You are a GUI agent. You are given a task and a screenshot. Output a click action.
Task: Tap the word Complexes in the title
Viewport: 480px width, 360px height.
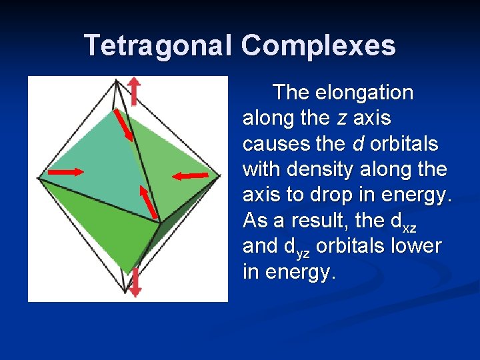318,45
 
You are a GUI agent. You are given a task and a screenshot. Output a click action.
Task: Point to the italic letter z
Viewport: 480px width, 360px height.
341,118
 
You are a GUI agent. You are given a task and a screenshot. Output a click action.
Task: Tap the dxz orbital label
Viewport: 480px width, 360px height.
411,221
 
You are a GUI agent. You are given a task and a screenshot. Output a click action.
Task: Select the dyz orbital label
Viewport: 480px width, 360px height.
297,247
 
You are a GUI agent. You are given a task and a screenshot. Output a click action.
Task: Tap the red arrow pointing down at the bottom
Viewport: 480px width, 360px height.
135,283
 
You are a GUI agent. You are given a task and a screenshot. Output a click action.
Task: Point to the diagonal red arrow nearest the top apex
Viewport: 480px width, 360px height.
123,123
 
